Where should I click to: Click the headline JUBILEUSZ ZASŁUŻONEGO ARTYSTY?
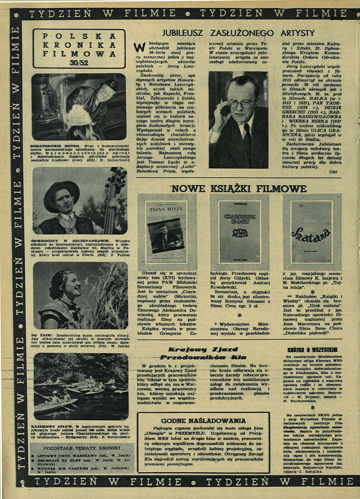click(238, 33)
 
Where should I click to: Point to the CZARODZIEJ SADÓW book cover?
click(239, 231)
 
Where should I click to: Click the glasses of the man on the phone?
click(242, 103)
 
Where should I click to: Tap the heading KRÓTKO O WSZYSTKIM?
click(312, 350)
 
